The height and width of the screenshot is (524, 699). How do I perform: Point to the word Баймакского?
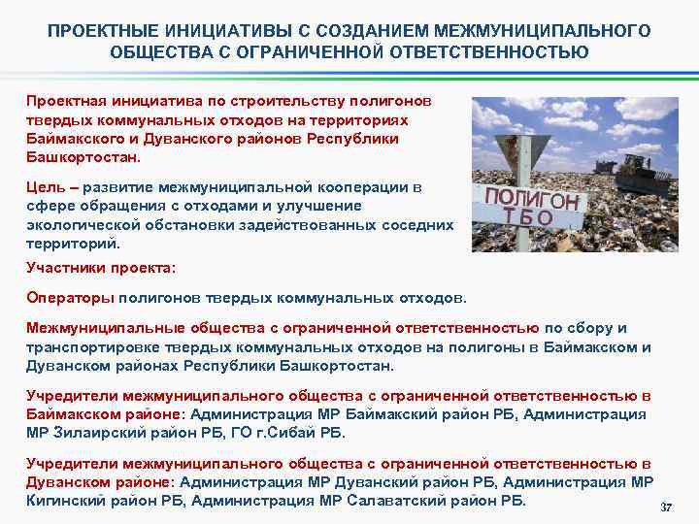pyautogui.click(x=72, y=138)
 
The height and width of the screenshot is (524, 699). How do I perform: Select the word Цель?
pyautogui.click(x=45, y=188)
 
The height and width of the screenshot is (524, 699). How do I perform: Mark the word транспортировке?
pyautogui.click(x=83, y=348)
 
